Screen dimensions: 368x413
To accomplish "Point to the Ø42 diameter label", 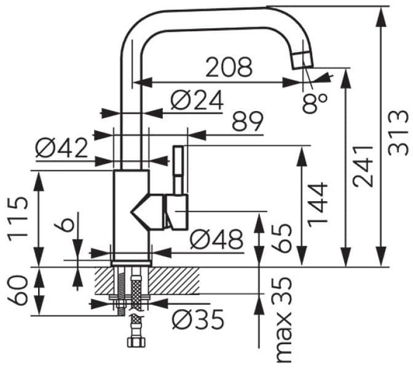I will [x=61, y=147].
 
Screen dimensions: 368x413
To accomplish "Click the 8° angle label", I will [x=315, y=101].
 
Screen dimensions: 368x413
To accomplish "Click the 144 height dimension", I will [x=318, y=205].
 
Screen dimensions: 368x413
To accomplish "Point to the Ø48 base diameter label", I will [x=216, y=240].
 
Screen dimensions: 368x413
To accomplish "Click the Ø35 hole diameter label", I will [x=197, y=318].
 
